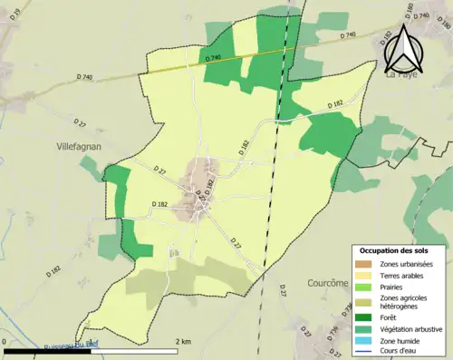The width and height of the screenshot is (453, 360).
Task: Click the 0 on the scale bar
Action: pos(5,342)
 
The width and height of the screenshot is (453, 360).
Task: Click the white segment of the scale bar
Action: pos(134,350)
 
